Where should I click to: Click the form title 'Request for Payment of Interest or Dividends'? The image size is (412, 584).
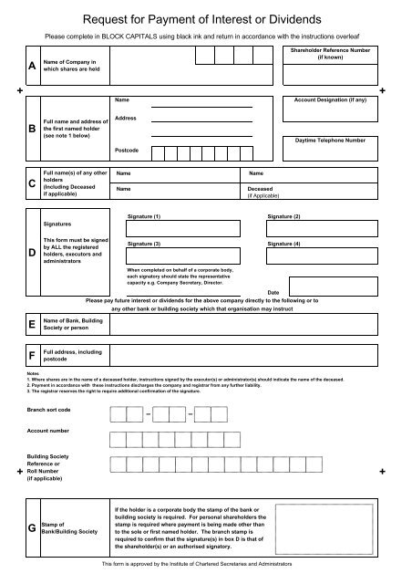click(205, 17)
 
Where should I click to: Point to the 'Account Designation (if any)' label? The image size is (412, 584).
click(331, 98)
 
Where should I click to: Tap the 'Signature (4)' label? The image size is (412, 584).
click(284, 245)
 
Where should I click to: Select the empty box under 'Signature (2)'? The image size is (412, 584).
click(324, 228)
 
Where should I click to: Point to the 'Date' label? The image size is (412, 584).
click(272, 291)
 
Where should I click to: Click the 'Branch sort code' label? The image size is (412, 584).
click(50, 412)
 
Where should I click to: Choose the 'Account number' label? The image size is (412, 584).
click(49, 429)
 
